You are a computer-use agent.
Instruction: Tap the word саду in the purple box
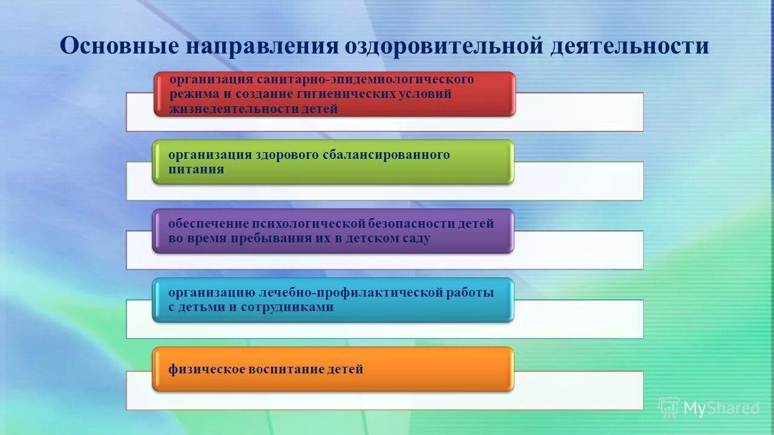click(x=416, y=238)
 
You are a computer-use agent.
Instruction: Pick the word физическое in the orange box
click(x=205, y=369)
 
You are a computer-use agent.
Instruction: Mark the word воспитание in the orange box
click(x=284, y=369)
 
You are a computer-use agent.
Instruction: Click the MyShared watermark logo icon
click(x=669, y=408)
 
